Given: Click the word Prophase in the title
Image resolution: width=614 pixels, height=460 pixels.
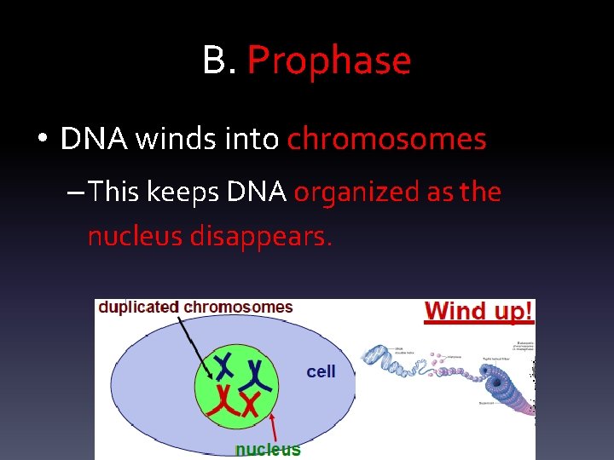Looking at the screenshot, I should (x=329, y=61).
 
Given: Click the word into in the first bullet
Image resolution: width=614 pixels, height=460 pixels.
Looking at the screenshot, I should (x=253, y=139).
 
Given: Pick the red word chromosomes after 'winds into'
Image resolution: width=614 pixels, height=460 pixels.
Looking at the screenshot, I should (x=387, y=139).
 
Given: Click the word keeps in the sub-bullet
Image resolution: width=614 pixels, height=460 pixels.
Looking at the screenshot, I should (x=183, y=193).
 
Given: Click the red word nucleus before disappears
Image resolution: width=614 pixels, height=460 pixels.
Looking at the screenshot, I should (x=135, y=236).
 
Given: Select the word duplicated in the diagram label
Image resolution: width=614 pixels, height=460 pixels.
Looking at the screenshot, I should (x=139, y=308).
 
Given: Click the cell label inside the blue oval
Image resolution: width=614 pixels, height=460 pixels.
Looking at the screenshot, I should (x=321, y=371).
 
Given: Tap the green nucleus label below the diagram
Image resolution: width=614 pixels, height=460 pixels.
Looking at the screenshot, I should (x=268, y=449).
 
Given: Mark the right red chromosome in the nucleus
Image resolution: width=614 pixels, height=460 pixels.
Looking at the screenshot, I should (x=250, y=405).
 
